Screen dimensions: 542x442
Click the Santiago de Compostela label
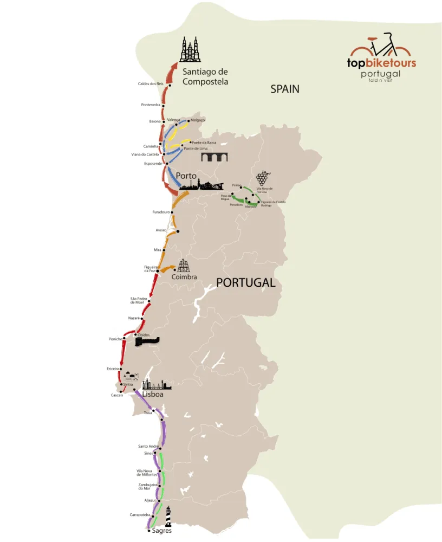pos(205,76)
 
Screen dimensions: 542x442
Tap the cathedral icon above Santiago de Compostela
pos(190,50)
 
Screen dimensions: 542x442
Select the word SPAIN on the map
pos(285,89)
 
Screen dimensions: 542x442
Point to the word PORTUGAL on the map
pos(245,282)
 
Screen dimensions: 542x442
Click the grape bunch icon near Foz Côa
pos(262,178)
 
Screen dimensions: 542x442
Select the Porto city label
pos(186,176)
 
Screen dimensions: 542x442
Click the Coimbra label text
pos(184,277)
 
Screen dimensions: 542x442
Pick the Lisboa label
pos(153,395)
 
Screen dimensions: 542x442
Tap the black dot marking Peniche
pos(124,339)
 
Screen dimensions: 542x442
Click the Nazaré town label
pos(134,318)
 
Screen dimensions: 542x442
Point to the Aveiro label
pos(161,230)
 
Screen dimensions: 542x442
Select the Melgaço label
pos(198,120)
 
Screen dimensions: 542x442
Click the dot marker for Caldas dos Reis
pos(170,85)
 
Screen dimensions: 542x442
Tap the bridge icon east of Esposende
pos(214,157)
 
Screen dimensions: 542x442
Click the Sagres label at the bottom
pos(161,531)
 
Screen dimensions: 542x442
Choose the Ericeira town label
pos(113,369)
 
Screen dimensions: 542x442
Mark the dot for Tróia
pos(154,410)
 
